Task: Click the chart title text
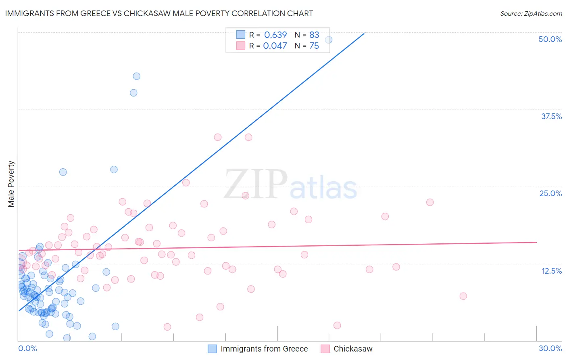tap(159, 13)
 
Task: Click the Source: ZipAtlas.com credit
tap(531, 13)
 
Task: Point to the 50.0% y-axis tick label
tap(550, 39)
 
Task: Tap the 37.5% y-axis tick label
tap(551, 116)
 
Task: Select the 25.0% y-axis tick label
tap(550, 193)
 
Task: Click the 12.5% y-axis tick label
tap(551, 271)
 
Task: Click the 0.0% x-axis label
tap(27, 348)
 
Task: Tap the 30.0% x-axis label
tap(550, 348)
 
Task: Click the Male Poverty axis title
tap(11, 184)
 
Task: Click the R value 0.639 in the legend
tap(275, 35)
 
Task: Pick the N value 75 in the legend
tap(314, 46)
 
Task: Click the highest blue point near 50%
tap(329, 40)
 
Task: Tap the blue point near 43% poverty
tap(137, 76)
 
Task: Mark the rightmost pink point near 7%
tap(463, 296)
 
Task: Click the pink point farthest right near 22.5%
tap(430, 202)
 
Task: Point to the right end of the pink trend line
tap(537, 242)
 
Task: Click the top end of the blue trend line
tap(364, 33)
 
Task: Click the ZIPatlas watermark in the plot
tap(290, 185)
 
